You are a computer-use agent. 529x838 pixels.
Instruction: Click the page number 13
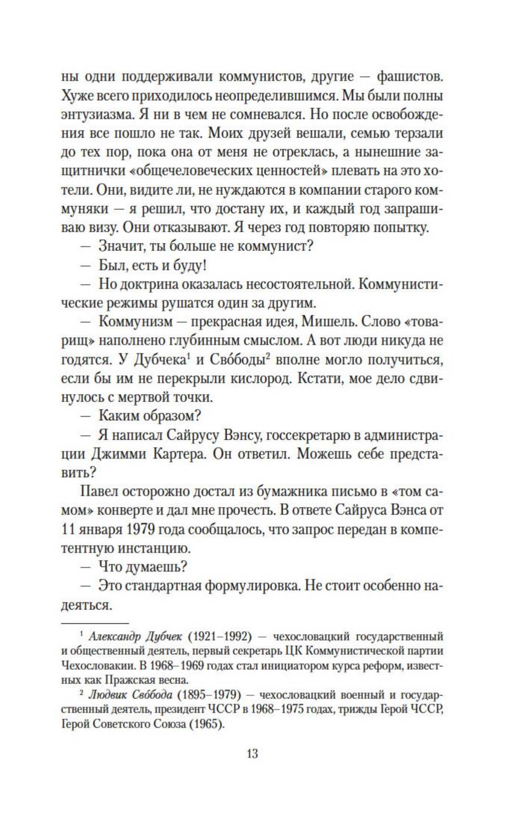(x=252, y=753)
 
